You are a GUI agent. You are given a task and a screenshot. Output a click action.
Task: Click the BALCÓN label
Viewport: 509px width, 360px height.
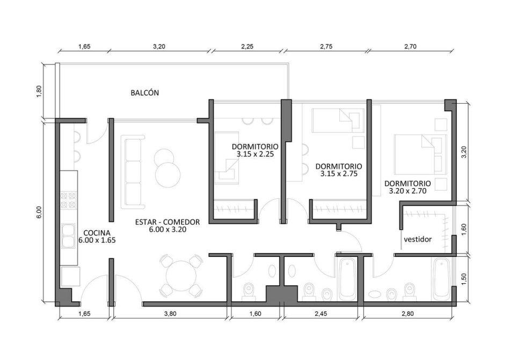(x=145, y=93)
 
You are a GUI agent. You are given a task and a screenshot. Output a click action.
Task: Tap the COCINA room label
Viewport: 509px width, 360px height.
(x=97, y=233)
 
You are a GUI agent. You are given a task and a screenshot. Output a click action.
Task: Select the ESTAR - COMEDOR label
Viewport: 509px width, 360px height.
(x=168, y=222)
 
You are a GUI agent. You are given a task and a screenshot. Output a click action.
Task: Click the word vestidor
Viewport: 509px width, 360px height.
(x=418, y=240)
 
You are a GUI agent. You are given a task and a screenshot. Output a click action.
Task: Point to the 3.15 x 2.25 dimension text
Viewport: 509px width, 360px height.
(x=255, y=154)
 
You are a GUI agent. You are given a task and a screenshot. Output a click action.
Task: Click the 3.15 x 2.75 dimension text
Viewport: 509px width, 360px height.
(x=339, y=174)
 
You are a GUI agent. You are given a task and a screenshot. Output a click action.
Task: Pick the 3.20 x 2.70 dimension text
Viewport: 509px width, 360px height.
(x=408, y=191)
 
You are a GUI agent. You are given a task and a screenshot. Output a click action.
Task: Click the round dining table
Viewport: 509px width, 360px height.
(x=181, y=276)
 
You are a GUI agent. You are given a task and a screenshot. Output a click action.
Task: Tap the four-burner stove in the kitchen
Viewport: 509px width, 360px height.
(x=69, y=200)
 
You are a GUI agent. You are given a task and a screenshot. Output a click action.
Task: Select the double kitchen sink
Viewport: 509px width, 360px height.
(x=68, y=236)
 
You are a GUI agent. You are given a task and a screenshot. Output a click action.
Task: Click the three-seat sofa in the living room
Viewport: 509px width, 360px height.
(x=133, y=172)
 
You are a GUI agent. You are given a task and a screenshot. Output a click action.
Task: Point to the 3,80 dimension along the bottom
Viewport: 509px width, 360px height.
(x=170, y=314)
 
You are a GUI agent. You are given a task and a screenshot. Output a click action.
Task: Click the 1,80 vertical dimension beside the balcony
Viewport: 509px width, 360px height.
(x=39, y=91)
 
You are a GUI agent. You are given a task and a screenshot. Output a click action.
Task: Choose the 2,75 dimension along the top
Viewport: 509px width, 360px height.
(x=326, y=46)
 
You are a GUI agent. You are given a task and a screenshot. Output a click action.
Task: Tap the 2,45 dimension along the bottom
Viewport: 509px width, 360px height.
(x=321, y=314)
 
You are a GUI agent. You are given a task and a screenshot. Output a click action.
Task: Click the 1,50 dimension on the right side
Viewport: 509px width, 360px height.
(x=463, y=279)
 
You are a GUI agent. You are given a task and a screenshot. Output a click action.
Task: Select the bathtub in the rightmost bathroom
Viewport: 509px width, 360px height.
(x=441, y=279)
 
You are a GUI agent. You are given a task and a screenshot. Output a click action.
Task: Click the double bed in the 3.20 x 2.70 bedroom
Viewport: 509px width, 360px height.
(x=421, y=154)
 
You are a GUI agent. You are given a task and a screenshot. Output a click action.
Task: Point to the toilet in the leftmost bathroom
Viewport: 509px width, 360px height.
(x=249, y=291)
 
